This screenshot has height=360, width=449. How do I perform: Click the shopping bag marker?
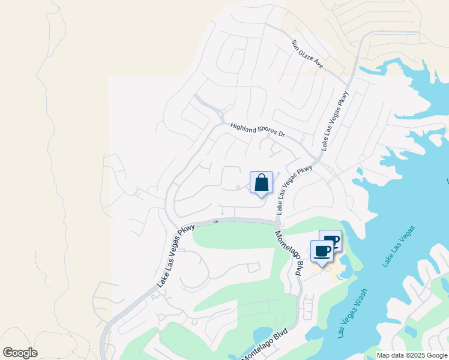point(261,183)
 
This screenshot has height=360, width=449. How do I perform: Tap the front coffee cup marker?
point(322,251)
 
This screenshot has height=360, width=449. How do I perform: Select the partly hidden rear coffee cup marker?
point(334,239)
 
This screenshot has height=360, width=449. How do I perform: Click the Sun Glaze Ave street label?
point(307,54)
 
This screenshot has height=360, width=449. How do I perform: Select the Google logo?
point(20,353)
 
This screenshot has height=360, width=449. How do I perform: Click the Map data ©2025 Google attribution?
point(412,355)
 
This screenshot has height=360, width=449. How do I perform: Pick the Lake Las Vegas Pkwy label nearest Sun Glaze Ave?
point(334,121)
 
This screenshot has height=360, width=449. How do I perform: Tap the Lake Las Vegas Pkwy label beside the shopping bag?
point(295,191)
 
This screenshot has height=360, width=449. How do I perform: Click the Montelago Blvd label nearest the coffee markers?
point(289,252)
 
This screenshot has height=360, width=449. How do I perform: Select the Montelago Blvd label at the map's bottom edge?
point(264,344)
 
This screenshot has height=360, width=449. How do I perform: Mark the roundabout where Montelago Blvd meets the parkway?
point(277,224)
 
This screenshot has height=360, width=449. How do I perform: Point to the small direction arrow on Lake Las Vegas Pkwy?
point(216,221)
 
